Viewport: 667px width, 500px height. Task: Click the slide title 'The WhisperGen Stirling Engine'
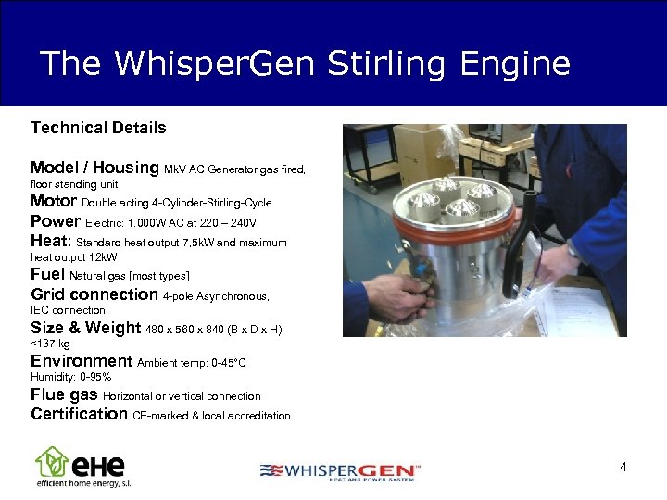[x=305, y=63]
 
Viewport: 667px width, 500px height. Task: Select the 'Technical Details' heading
[x=98, y=128]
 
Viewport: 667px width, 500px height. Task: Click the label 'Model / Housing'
[x=94, y=168]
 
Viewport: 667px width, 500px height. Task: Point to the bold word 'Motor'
[x=54, y=201]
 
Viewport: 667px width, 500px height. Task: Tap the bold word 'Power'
[x=56, y=222]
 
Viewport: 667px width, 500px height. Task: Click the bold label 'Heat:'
[x=51, y=241]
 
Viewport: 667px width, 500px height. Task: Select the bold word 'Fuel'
[x=48, y=275]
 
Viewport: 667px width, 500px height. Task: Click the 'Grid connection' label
[x=94, y=294]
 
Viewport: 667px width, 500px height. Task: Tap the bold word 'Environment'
[x=82, y=361]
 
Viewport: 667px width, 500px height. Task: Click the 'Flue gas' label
[x=64, y=395]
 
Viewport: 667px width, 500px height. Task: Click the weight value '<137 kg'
[x=51, y=344]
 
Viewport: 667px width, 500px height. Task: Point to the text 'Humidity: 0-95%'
[x=70, y=378]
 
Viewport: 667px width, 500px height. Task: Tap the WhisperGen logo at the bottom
[x=340, y=471]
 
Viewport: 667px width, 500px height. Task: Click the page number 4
[x=623, y=468]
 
